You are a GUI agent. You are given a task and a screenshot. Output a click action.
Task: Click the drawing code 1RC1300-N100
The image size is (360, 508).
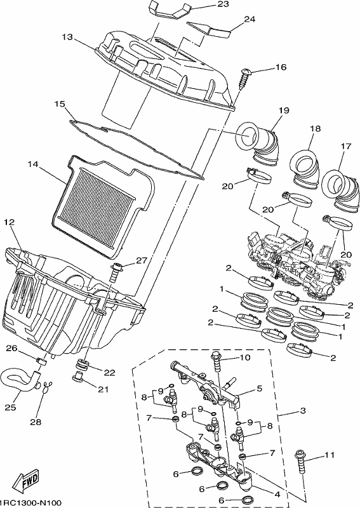coord(30,502)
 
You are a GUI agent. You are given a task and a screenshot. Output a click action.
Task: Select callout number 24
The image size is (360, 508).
coord(250,20)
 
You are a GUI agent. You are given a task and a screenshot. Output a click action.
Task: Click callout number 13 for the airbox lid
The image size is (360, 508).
coord(67,37)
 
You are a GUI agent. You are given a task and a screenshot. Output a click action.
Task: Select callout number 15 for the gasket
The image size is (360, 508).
coord(60,104)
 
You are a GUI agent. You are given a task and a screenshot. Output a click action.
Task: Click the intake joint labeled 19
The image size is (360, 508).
coord(258,144)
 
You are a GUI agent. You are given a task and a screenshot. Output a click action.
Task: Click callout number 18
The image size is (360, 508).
coord(315,129)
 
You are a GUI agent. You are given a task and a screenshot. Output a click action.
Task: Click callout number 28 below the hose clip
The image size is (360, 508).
coord(36,422)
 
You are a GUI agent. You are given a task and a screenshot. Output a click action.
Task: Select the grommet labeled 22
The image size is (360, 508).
coord(83,364)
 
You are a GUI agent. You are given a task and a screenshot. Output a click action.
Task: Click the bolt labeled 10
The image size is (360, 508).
coord(217,363)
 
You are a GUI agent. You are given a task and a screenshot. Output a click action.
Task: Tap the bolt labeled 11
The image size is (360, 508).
coord(300,462)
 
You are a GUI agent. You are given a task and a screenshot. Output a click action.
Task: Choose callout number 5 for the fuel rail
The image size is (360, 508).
coord(259,389)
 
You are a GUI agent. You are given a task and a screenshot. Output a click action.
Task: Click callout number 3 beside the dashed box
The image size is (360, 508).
coord(303,411)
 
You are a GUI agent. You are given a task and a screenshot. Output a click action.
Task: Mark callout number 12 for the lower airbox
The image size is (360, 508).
coord(10,222)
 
